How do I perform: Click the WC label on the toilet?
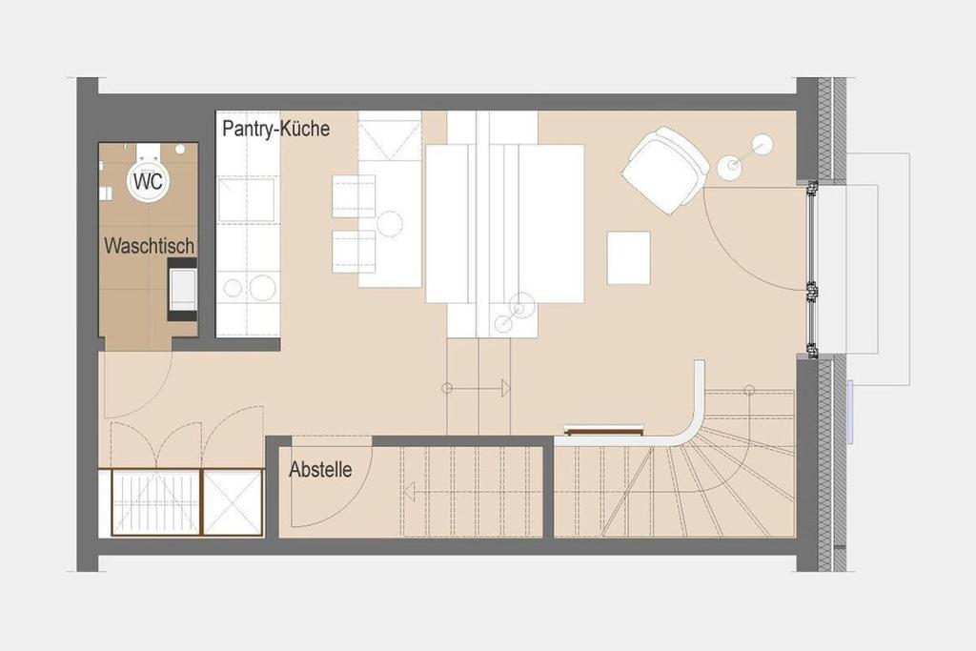tap(148, 182)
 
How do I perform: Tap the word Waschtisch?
tap(150, 246)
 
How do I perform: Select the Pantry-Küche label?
tap(275, 129)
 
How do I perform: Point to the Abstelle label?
tap(320, 469)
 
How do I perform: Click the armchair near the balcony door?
tap(664, 170)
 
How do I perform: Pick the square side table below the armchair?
tap(629, 257)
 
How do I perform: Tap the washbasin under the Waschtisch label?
tap(183, 291)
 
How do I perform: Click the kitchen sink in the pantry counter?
tap(247, 198)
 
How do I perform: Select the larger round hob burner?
tap(262, 288)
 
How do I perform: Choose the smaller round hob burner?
tap(233, 288)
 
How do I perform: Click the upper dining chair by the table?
tap(354, 196)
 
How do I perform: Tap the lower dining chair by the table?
tap(354, 252)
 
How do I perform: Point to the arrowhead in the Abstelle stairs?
tap(409, 492)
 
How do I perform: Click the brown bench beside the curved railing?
tap(603, 429)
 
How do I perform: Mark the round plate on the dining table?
tap(390, 224)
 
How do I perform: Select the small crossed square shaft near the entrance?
tap(233, 502)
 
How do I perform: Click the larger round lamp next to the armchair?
tap(729, 166)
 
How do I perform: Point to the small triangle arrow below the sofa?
tap(506, 388)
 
